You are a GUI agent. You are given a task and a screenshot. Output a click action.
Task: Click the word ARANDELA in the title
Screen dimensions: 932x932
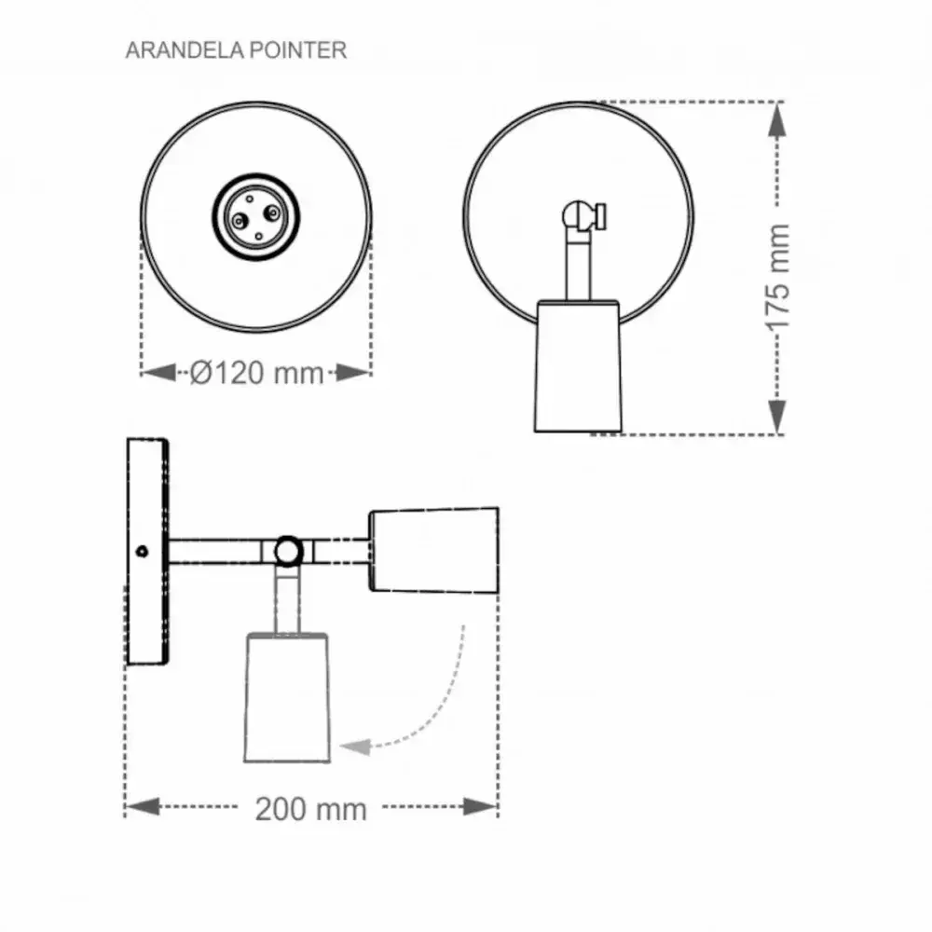point(185,50)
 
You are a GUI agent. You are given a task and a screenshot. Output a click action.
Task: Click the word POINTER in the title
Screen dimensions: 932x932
point(298,50)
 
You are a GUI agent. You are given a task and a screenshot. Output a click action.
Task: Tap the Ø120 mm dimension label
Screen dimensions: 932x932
point(257,374)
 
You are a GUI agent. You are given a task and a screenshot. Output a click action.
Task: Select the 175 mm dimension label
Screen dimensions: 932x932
point(777,277)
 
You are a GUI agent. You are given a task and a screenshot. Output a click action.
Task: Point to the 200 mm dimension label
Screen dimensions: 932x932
point(311,809)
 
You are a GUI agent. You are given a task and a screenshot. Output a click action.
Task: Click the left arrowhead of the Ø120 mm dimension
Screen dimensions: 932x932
point(159,373)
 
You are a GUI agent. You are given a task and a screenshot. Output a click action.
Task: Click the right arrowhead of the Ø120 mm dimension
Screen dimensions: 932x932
point(353,373)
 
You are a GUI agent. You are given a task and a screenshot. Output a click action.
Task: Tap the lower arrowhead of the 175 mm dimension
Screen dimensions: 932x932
point(777,416)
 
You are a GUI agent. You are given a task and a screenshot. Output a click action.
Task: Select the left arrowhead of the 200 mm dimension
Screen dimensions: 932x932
point(143,806)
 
